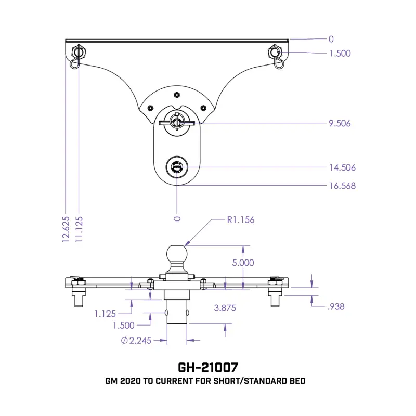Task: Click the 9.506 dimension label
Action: coord(340,123)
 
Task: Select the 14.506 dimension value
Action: coord(342,167)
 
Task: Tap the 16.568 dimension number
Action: coord(342,186)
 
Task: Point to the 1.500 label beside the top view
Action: coord(340,54)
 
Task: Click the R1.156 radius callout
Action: coord(241,219)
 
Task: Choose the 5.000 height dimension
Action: coord(243,263)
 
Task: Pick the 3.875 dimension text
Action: coord(225,308)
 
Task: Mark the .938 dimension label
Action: coord(336,307)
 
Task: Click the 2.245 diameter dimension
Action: coord(136,341)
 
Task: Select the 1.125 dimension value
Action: coord(105,314)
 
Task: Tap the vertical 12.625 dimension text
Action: coord(66,229)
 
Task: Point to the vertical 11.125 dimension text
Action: coord(79,229)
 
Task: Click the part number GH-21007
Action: coord(208,368)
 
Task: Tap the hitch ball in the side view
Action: coord(177,254)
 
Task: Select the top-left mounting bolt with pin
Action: coord(77,55)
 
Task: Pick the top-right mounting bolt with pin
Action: coord(276,56)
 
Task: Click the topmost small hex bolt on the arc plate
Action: coord(177,95)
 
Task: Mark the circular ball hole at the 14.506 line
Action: coord(177,167)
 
